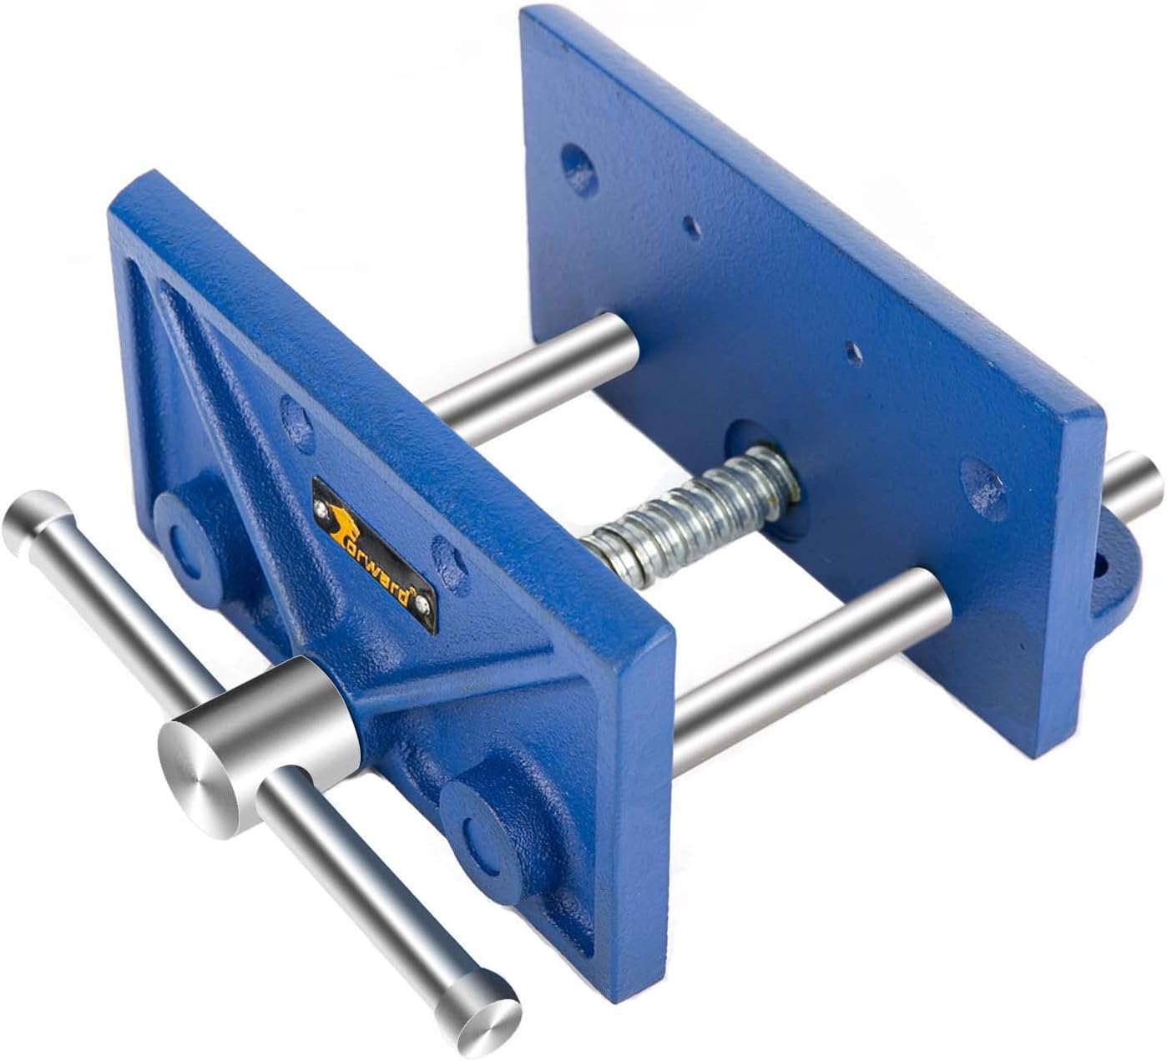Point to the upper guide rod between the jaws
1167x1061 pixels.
coord(535,368)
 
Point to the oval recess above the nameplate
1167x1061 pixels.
coord(291,412)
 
